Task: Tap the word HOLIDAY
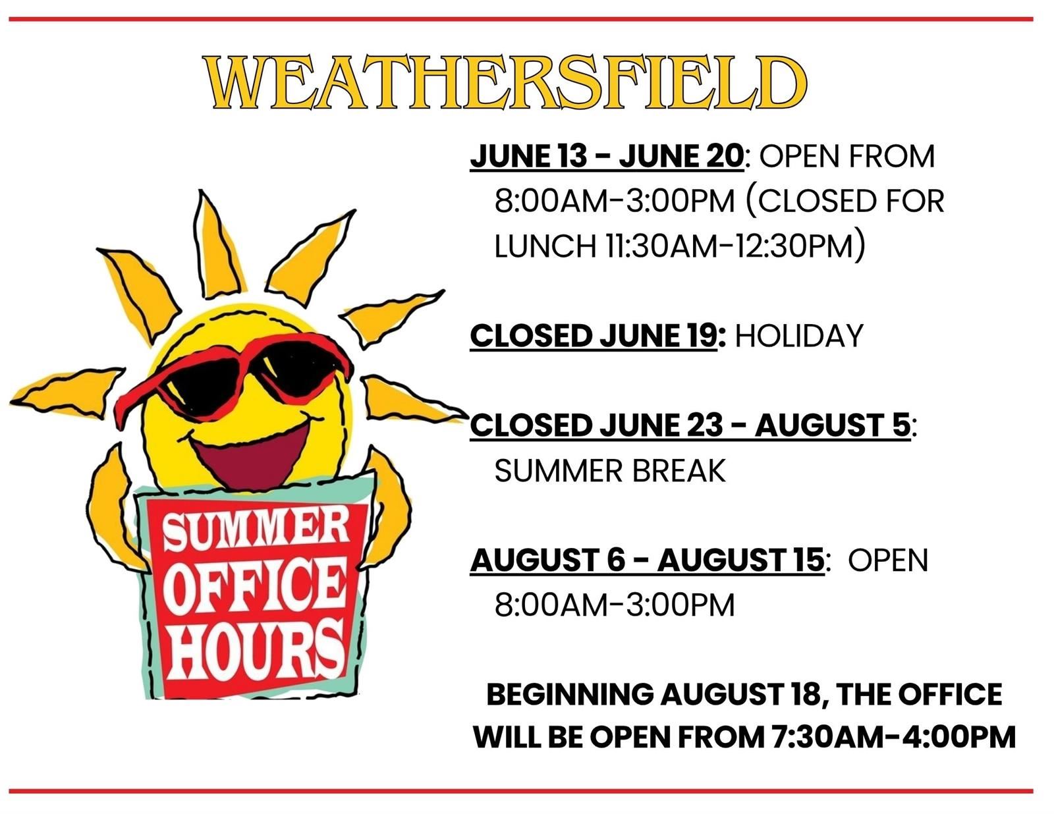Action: (x=799, y=335)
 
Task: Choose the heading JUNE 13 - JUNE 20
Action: (x=607, y=156)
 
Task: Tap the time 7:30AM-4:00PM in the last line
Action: (x=893, y=737)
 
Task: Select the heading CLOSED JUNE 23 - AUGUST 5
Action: (x=690, y=425)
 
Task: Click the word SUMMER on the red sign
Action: (x=256, y=531)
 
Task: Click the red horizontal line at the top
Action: (x=521, y=19)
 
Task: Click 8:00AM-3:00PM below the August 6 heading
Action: (x=615, y=605)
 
